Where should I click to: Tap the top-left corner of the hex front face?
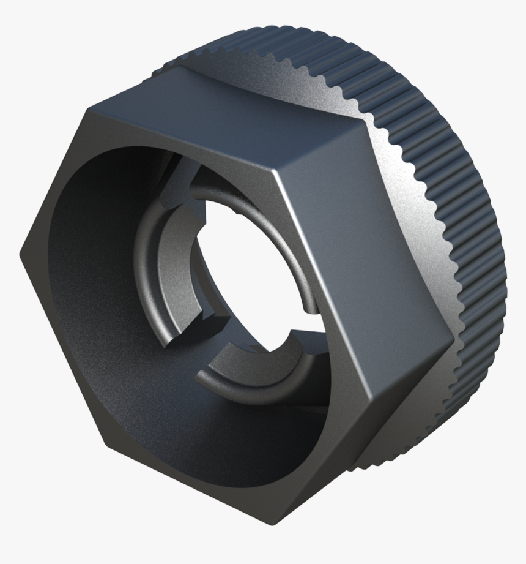(x=86, y=114)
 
